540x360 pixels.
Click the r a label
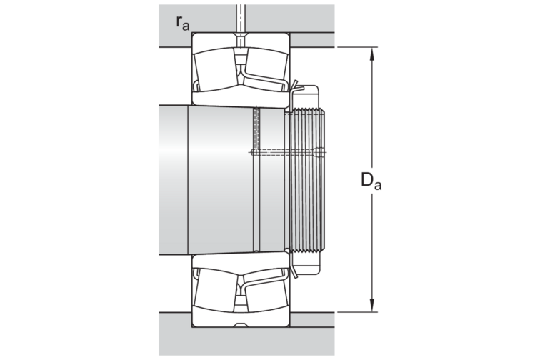coord(183,23)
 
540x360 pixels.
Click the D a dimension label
coord(371,181)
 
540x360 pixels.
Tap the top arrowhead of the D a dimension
coord(372,54)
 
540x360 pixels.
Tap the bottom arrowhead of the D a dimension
coord(372,305)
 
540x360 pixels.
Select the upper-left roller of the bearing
coord(214,69)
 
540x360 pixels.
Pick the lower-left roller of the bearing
coord(214,290)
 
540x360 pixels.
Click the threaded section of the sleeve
coord(307,181)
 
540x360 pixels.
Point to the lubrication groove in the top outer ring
coord(241,35)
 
